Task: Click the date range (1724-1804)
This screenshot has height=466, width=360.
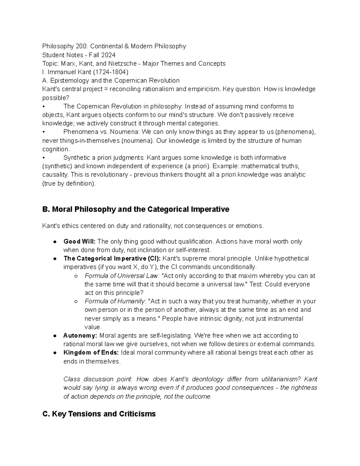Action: click(111, 72)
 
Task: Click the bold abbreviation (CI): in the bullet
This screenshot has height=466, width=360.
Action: click(154, 259)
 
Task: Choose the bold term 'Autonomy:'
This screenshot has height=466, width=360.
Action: click(80, 335)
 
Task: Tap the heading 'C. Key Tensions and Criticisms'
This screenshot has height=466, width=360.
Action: click(99, 414)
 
